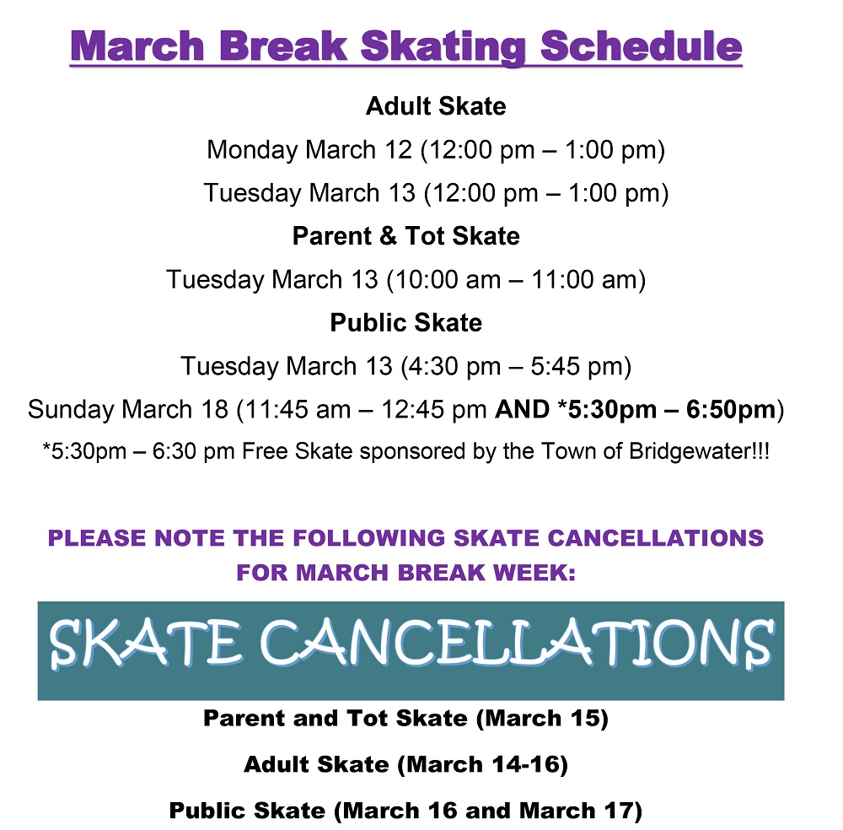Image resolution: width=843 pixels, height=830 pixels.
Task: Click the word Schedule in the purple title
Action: point(641,46)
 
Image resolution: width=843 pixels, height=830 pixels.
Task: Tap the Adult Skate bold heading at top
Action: point(435,107)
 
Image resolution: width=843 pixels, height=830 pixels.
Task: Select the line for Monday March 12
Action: point(435,151)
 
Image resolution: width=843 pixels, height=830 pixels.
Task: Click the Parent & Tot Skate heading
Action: point(405,236)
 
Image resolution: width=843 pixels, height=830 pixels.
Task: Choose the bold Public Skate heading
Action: point(405,323)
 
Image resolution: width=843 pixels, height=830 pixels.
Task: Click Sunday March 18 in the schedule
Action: point(127,411)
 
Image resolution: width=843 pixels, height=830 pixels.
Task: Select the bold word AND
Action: point(523,411)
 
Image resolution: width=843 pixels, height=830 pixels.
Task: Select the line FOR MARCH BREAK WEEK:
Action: point(405,573)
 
